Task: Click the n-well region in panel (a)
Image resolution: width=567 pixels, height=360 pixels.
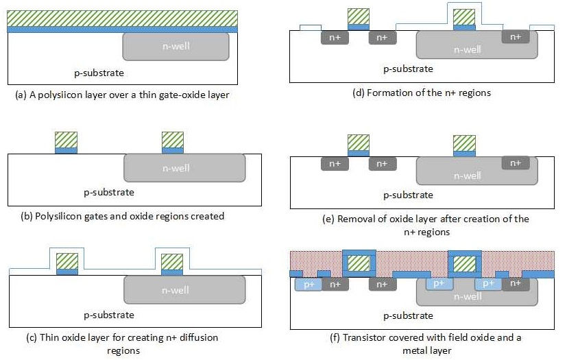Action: click(x=176, y=47)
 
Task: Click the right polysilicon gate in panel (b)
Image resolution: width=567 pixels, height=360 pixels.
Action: click(x=173, y=139)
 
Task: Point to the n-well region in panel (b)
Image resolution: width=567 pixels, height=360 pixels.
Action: click(x=184, y=168)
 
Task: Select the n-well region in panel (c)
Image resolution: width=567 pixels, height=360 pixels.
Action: click(x=184, y=289)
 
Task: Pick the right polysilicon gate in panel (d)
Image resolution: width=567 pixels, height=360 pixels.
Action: click(x=464, y=16)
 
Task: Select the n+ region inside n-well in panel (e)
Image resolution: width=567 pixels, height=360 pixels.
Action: click(x=516, y=163)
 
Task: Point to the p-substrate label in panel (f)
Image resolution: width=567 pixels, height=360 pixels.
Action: click(x=408, y=315)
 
